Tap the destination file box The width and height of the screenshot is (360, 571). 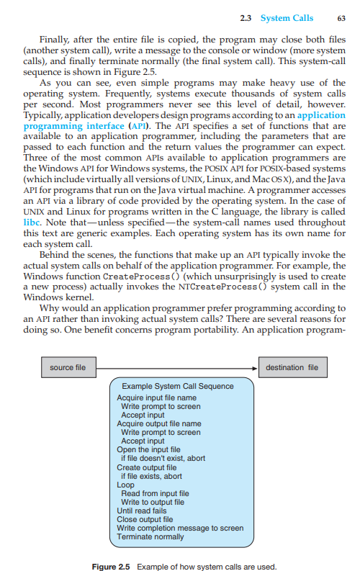click(x=292, y=367)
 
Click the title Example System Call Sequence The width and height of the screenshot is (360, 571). click(x=178, y=386)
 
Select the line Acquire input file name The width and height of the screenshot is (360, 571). click(x=156, y=397)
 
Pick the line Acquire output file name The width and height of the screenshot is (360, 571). click(x=158, y=424)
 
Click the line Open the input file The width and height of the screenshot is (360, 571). click(x=148, y=450)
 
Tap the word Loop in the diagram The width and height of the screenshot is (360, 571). click(x=125, y=485)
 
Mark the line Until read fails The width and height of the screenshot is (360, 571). click(x=142, y=511)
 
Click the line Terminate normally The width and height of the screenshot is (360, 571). click(x=150, y=536)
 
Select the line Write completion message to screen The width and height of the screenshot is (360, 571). click(x=180, y=528)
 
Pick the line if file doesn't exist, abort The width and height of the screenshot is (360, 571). click(x=163, y=459)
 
